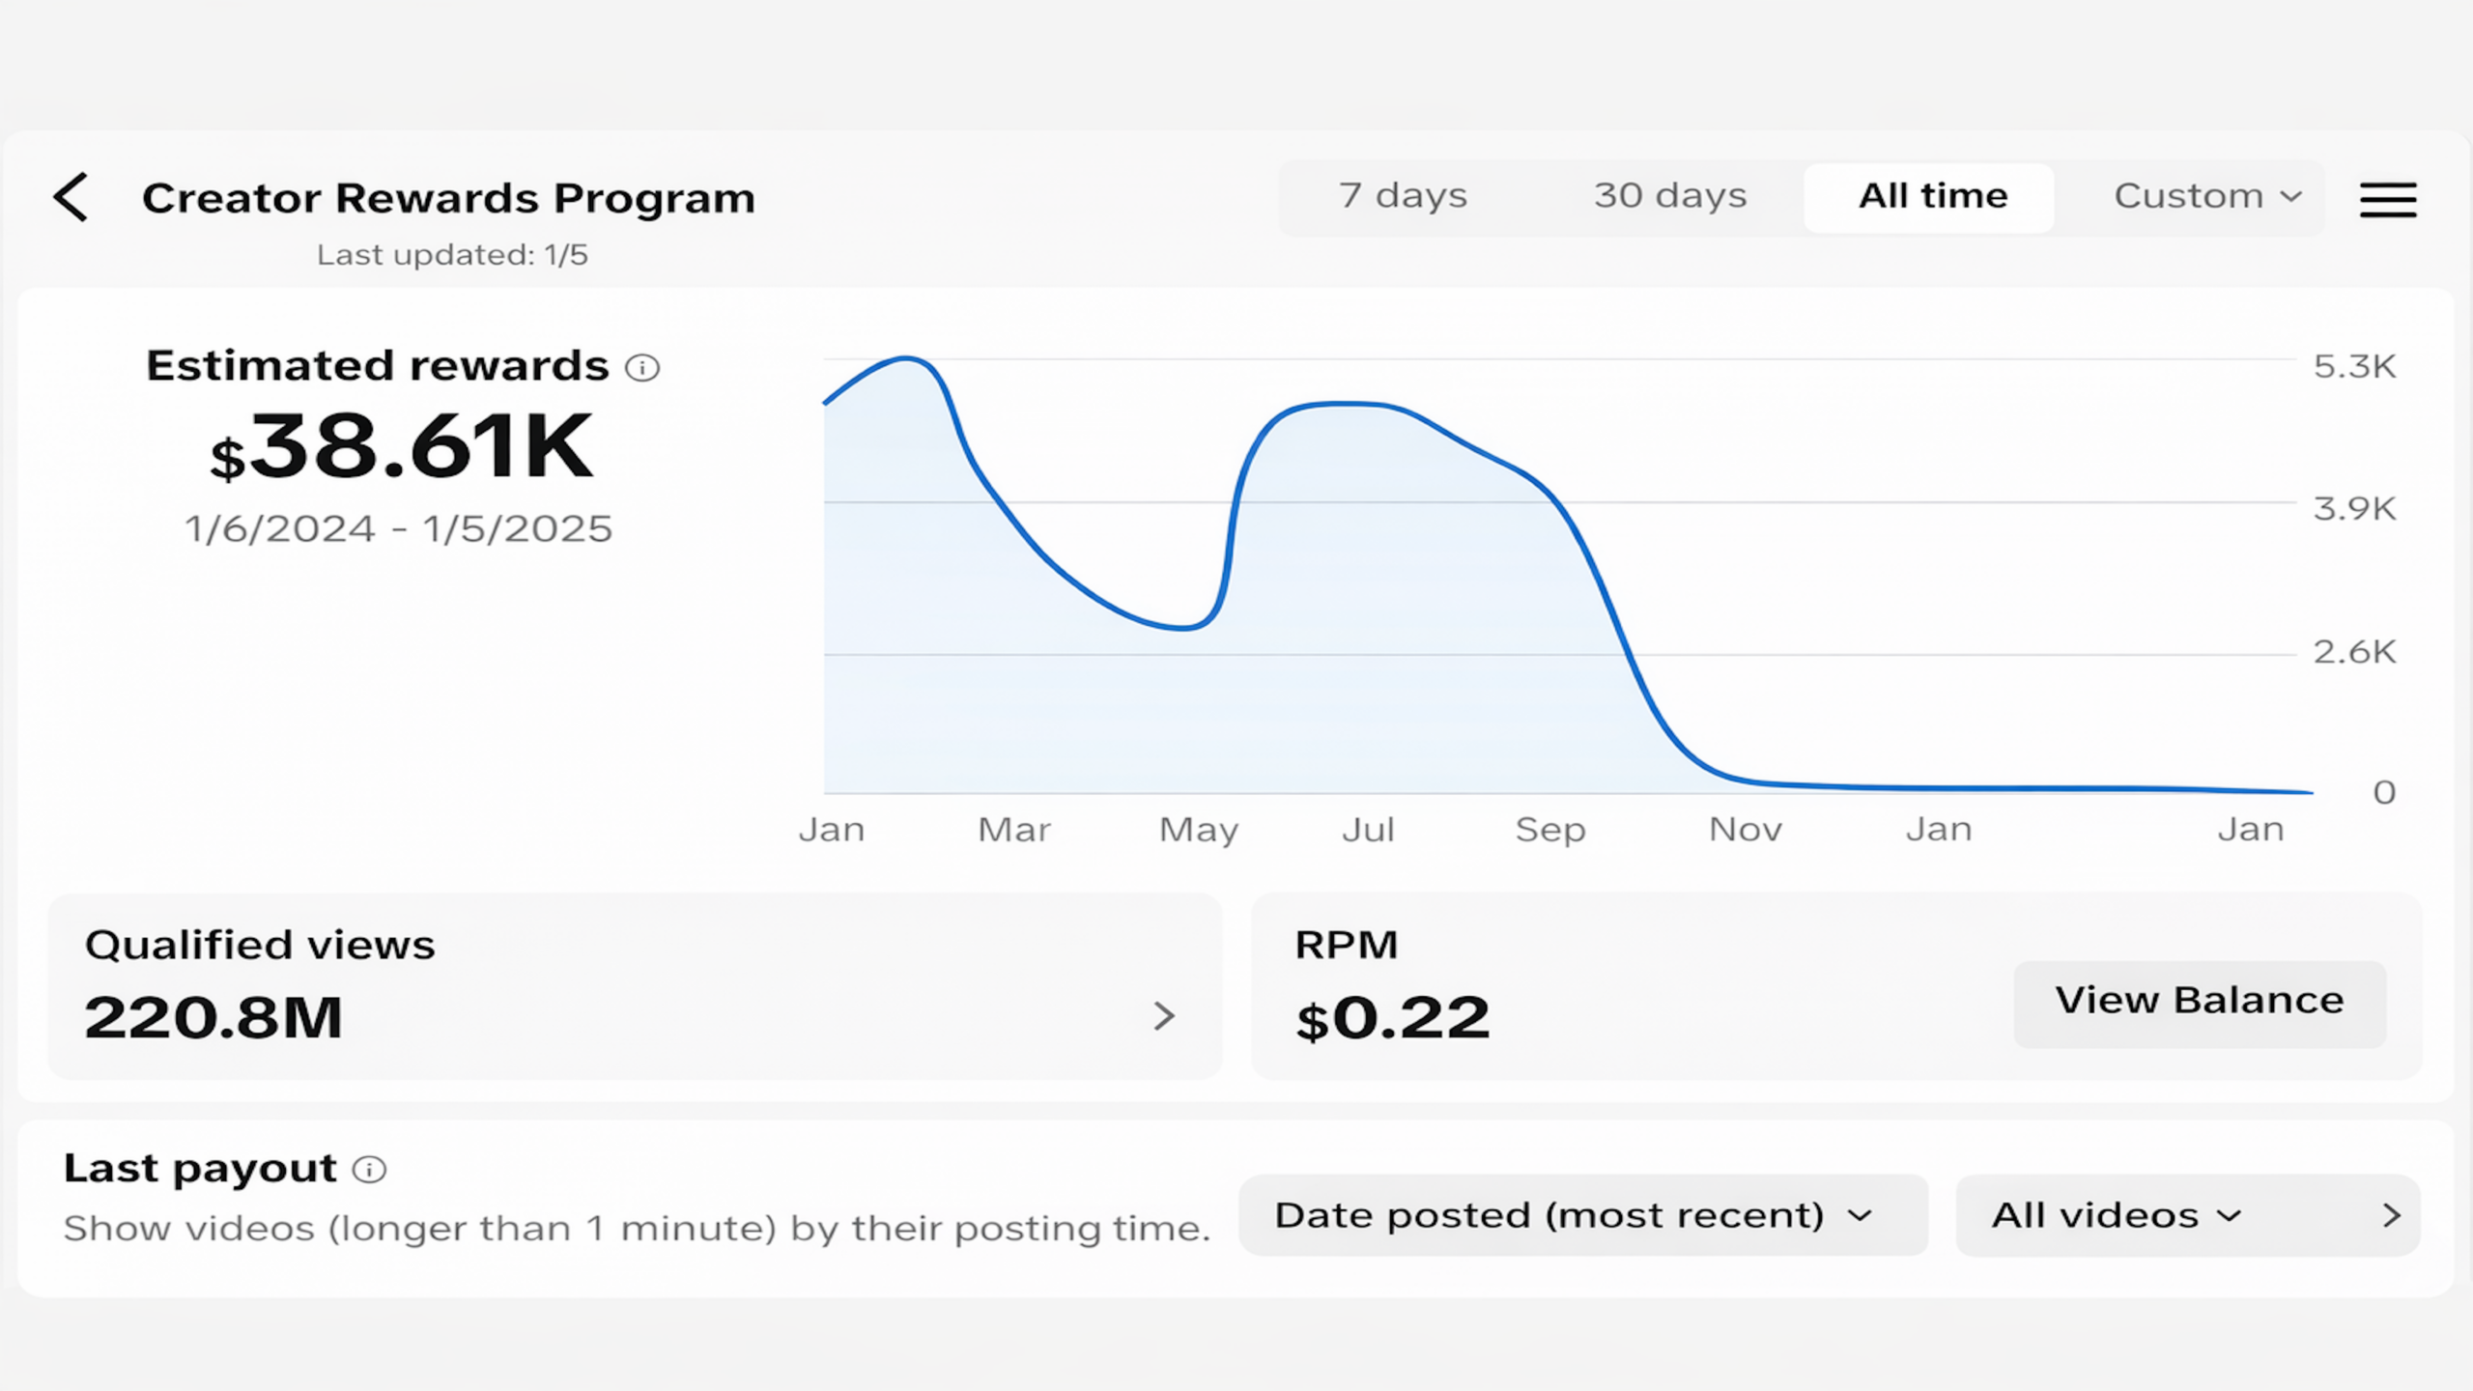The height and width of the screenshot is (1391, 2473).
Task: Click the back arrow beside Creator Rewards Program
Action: [71, 197]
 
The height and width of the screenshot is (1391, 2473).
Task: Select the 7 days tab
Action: [1403, 196]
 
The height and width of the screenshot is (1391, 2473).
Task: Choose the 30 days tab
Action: [1670, 196]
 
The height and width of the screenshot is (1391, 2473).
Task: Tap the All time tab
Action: [1932, 197]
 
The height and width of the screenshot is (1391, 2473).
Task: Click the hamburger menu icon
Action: [2388, 199]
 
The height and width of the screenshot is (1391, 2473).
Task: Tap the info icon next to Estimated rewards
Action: [642, 367]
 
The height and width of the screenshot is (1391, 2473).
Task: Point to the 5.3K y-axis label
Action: [2354, 366]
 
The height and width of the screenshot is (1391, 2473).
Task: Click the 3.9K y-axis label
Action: [2354, 508]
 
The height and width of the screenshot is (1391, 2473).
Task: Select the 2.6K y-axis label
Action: [2354, 652]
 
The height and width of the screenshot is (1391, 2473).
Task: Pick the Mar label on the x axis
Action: [1014, 830]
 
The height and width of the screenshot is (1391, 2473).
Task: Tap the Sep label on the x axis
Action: [1550, 831]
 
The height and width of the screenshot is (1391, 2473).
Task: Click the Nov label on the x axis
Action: [1746, 830]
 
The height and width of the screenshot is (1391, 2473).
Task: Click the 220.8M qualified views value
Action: [213, 1018]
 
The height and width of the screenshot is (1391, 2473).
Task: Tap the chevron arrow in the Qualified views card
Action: [1165, 1016]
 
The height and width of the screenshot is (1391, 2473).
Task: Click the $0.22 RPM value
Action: [1393, 1019]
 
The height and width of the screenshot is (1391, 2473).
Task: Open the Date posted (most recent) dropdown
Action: [1583, 1215]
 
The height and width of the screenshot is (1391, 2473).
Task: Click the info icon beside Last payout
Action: [369, 1170]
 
